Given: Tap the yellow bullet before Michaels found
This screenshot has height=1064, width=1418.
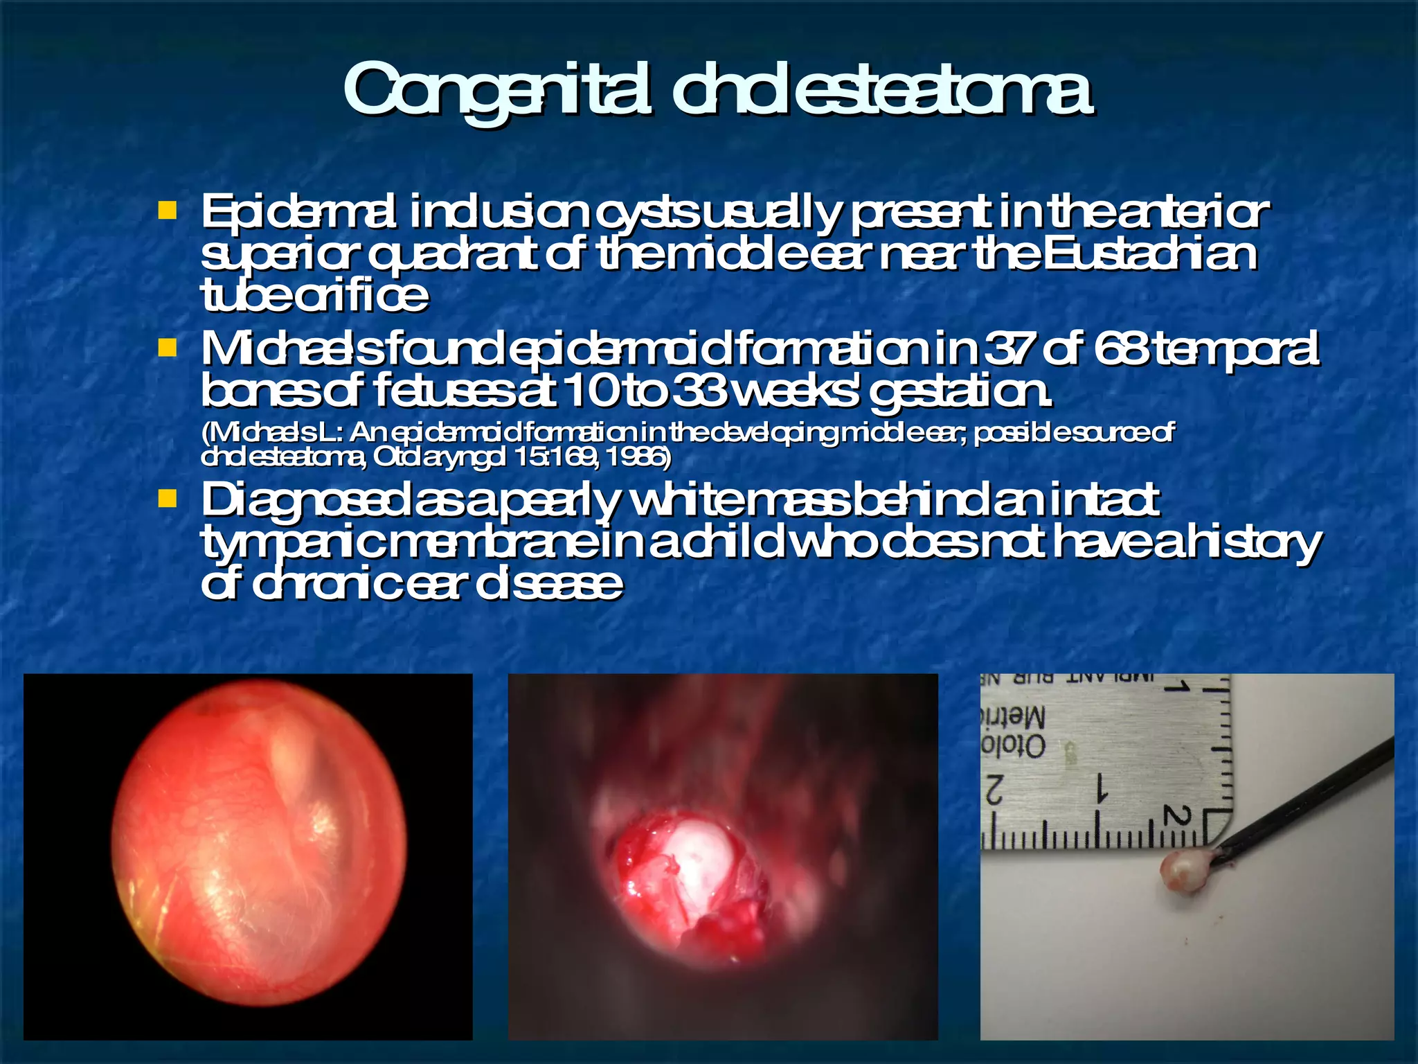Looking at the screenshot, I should click(x=167, y=346).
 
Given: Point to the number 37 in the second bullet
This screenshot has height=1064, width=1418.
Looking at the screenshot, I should click(x=1008, y=350).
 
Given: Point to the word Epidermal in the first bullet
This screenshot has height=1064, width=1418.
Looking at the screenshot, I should click(x=298, y=213).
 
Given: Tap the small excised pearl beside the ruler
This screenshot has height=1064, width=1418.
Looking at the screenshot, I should click(x=1182, y=870).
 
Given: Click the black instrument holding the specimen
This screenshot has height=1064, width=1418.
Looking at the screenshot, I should click(x=1309, y=796).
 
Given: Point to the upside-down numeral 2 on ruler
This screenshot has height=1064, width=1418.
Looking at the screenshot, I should click(x=994, y=790).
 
